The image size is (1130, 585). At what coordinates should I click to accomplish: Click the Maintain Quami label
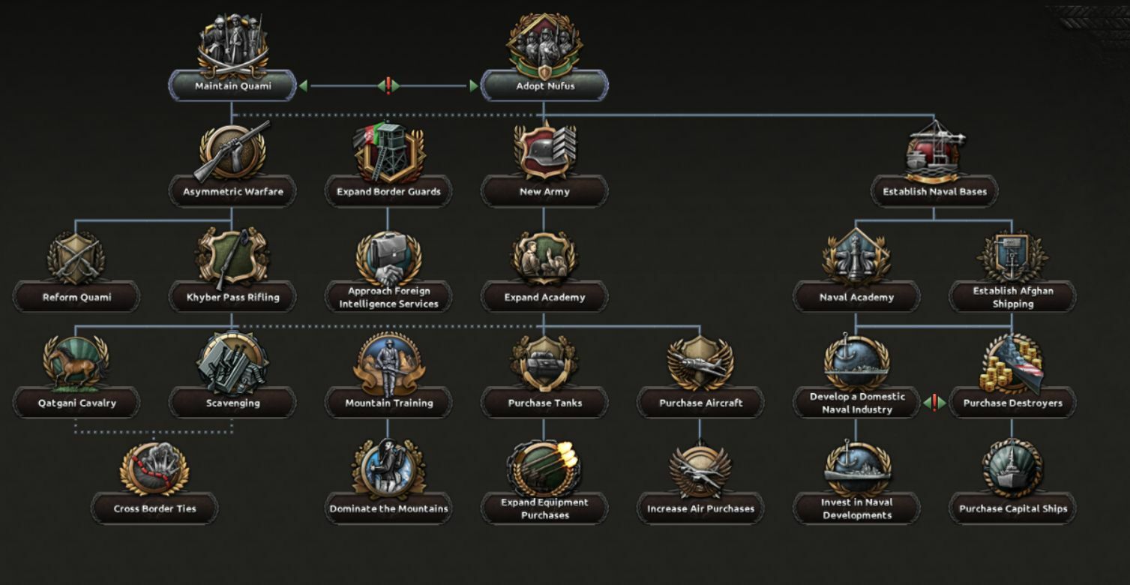tap(232, 86)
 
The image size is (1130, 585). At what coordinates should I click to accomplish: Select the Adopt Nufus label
tap(544, 86)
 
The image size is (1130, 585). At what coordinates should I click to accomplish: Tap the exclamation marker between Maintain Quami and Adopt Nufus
tap(388, 86)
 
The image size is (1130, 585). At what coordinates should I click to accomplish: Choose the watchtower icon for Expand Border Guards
tap(388, 152)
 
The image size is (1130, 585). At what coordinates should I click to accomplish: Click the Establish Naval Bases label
tap(934, 192)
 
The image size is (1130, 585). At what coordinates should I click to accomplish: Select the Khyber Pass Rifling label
tap(232, 298)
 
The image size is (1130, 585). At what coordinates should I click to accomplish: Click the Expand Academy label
tap(544, 298)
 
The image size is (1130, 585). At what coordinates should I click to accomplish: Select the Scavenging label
tap(232, 403)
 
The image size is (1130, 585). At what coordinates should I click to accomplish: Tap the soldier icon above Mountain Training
tap(388, 364)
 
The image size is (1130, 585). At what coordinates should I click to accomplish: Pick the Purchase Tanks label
tap(544, 403)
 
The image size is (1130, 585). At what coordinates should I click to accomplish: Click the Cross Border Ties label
tap(154, 509)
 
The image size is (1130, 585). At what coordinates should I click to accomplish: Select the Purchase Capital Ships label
tap(1012, 509)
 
